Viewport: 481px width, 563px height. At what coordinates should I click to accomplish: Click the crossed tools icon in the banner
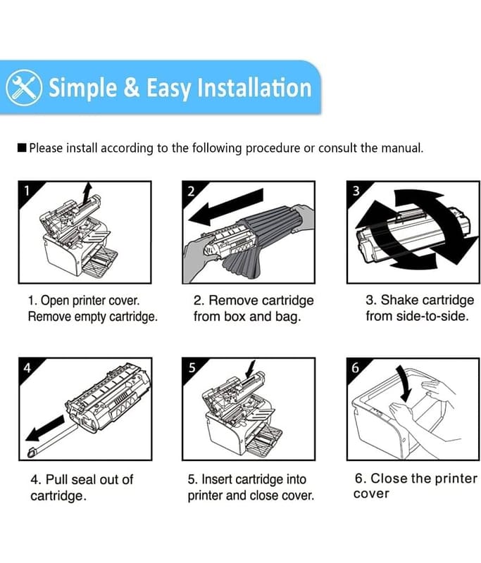click(x=24, y=87)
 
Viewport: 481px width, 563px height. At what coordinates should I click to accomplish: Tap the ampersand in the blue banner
click(x=132, y=87)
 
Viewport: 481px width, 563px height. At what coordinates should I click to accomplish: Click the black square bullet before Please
click(x=22, y=148)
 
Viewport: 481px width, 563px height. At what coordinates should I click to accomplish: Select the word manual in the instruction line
click(x=401, y=148)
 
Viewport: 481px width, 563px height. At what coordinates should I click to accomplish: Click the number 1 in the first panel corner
click(x=27, y=191)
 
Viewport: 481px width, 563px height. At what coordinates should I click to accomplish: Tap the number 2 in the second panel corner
click(x=191, y=191)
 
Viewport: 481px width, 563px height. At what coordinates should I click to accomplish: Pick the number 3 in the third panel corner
click(x=356, y=191)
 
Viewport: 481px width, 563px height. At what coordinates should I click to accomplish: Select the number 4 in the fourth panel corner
click(x=27, y=367)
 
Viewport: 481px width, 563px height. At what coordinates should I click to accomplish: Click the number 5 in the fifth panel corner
click(x=192, y=367)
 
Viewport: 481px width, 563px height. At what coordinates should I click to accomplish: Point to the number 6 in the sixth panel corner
click(x=355, y=367)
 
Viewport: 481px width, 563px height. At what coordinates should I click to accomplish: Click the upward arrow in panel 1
click(x=86, y=194)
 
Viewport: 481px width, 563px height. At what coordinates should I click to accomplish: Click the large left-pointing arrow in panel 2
click(x=225, y=207)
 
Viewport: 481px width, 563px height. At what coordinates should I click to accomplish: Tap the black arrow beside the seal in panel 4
click(x=45, y=429)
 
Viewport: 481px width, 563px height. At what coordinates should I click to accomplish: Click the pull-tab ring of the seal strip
click(x=32, y=453)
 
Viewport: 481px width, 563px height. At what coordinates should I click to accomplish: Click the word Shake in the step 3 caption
click(x=398, y=300)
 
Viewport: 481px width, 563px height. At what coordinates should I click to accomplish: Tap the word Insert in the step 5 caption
click(x=217, y=479)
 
